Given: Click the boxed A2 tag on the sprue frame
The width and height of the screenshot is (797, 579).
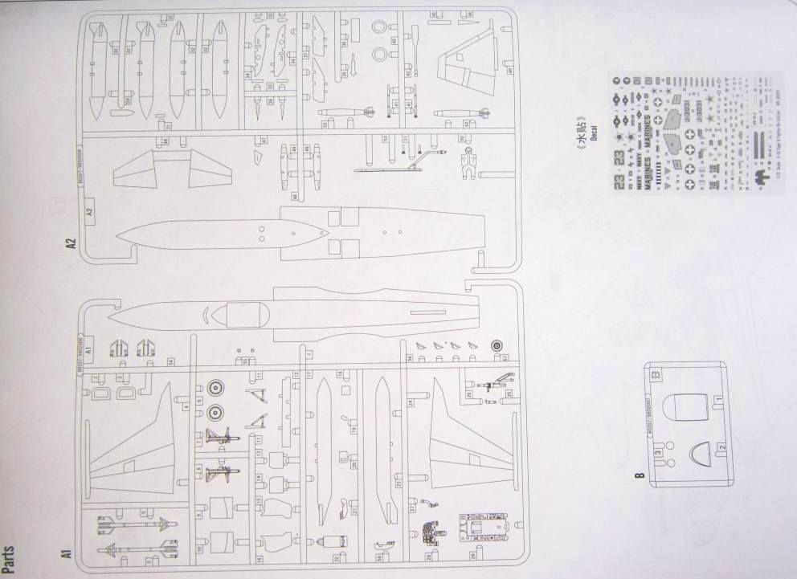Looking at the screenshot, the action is point(89,214).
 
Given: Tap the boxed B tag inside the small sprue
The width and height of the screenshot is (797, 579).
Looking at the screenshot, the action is point(656,373).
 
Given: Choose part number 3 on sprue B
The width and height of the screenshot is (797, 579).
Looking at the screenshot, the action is point(657,454).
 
